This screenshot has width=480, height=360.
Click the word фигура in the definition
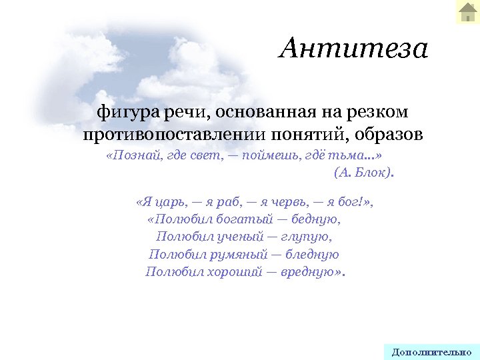point(120,111)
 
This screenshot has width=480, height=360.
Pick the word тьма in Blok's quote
point(351,155)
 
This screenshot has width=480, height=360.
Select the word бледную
point(313,254)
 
